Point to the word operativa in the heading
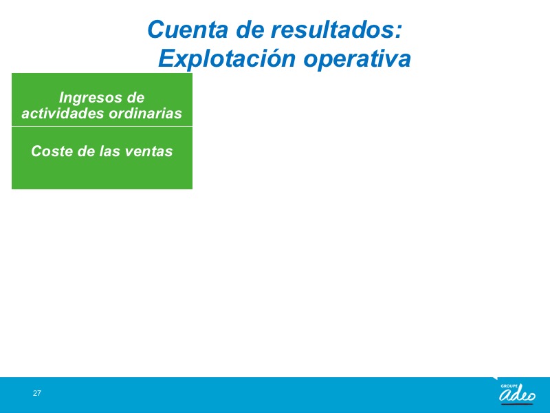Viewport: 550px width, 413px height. click(357, 59)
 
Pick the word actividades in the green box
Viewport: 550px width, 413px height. click(63, 113)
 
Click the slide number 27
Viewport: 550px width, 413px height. click(37, 393)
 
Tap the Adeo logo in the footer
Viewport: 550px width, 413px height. click(518, 394)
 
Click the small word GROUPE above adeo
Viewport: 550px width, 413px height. click(509, 386)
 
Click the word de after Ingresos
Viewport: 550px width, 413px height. click(135, 98)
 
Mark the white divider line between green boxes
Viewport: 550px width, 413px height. click(102, 126)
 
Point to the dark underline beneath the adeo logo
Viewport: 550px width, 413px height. click(517, 403)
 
